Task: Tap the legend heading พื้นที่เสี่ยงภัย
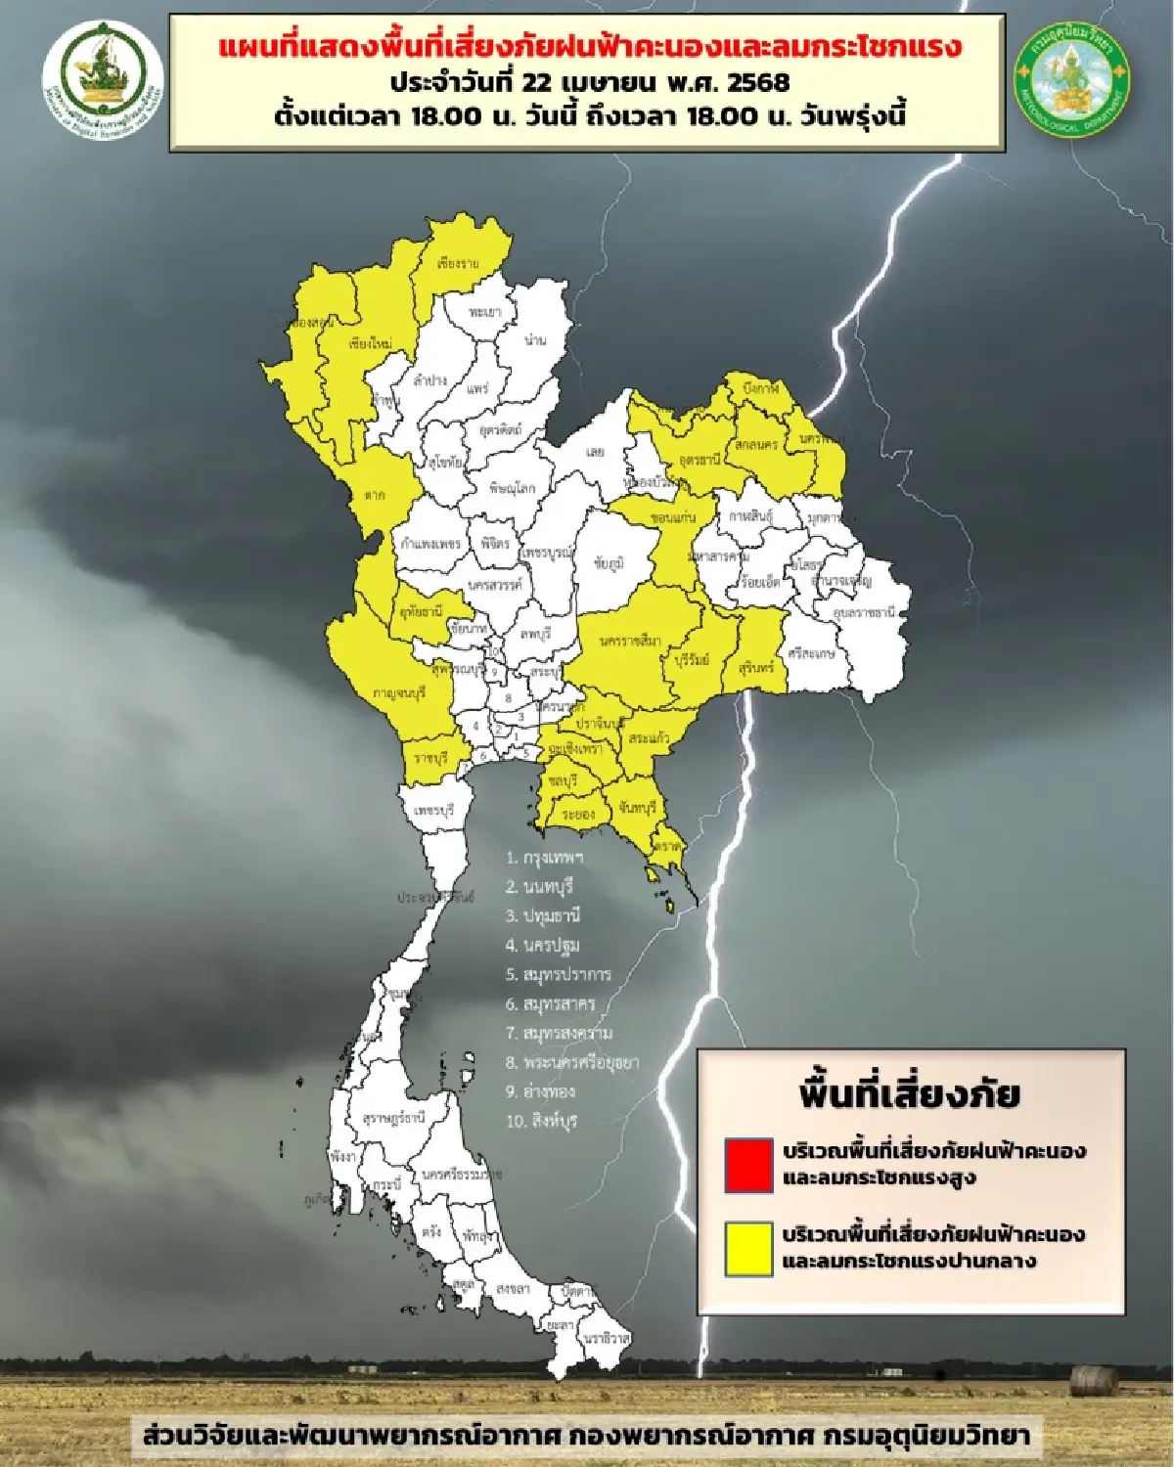(909, 1092)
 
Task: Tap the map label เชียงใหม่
(371, 344)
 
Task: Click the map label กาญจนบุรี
(399, 692)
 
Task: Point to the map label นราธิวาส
(605, 1335)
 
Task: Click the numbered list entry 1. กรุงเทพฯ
(545, 858)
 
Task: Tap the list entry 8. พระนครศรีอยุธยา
(572, 1061)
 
